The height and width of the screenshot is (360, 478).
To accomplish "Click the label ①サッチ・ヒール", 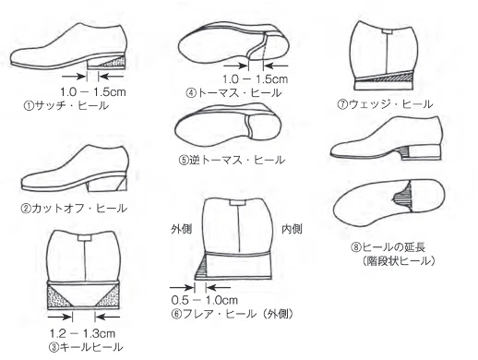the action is pyautogui.click(x=66, y=105).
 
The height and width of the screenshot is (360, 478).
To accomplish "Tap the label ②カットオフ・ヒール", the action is pyautogui.click(x=74, y=209).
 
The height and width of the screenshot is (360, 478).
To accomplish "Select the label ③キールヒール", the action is pyautogui.click(x=86, y=347).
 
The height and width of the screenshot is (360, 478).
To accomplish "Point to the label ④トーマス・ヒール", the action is pyautogui.click(x=233, y=92).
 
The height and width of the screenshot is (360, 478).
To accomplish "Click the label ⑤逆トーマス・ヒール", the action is pyautogui.click(x=232, y=160).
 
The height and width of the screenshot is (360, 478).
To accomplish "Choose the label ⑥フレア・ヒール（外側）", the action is pyautogui.click(x=233, y=314).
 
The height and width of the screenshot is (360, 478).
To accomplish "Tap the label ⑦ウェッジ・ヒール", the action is pyautogui.click(x=385, y=104).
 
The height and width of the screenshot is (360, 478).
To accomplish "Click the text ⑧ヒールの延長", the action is pyautogui.click(x=388, y=247).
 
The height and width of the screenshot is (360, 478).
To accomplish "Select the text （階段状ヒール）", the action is pyautogui.click(x=399, y=261).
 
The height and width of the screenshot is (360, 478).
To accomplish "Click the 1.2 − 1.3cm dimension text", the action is pyautogui.click(x=82, y=333).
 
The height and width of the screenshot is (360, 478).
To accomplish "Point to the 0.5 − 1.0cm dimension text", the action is pyautogui.click(x=205, y=300).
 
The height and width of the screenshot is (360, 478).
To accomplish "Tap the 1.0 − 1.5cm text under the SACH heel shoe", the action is pyautogui.click(x=93, y=91).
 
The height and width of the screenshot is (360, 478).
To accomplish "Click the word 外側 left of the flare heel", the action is pyautogui.click(x=181, y=229).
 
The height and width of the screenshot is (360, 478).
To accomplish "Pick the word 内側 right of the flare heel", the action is pyautogui.click(x=292, y=229).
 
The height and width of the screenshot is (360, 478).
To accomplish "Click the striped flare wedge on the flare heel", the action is pyautogui.click(x=201, y=269).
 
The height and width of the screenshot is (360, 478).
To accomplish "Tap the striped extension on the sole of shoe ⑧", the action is pyautogui.click(x=403, y=196).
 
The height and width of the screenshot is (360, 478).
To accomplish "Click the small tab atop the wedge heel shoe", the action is pyautogui.click(x=388, y=31).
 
